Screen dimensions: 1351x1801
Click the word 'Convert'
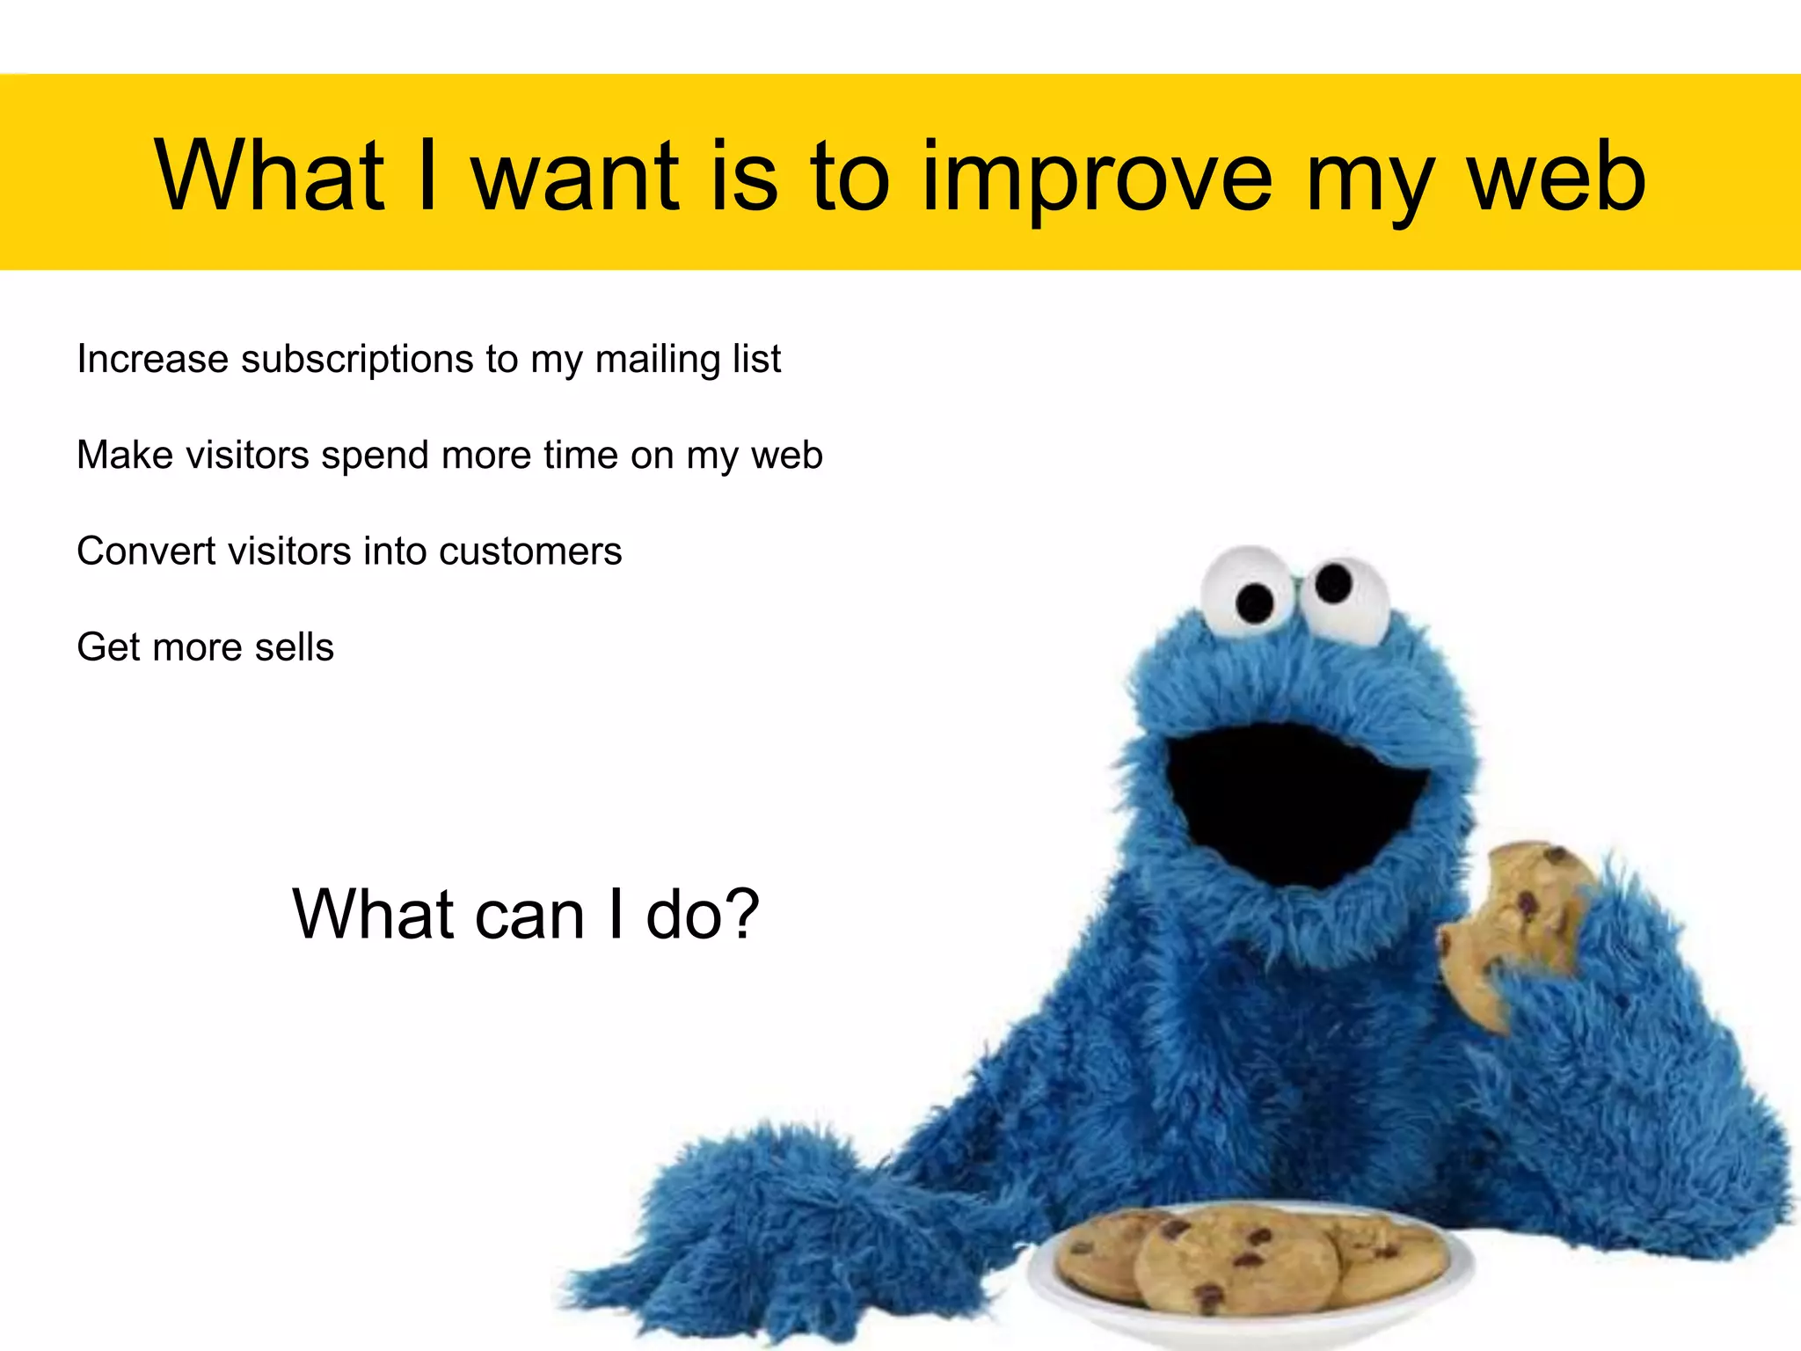tap(146, 551)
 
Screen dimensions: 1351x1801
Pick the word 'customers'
tap(530, 551)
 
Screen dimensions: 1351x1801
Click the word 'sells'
tap(295, 647)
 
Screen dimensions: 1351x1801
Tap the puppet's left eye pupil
tap(1254, 602)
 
